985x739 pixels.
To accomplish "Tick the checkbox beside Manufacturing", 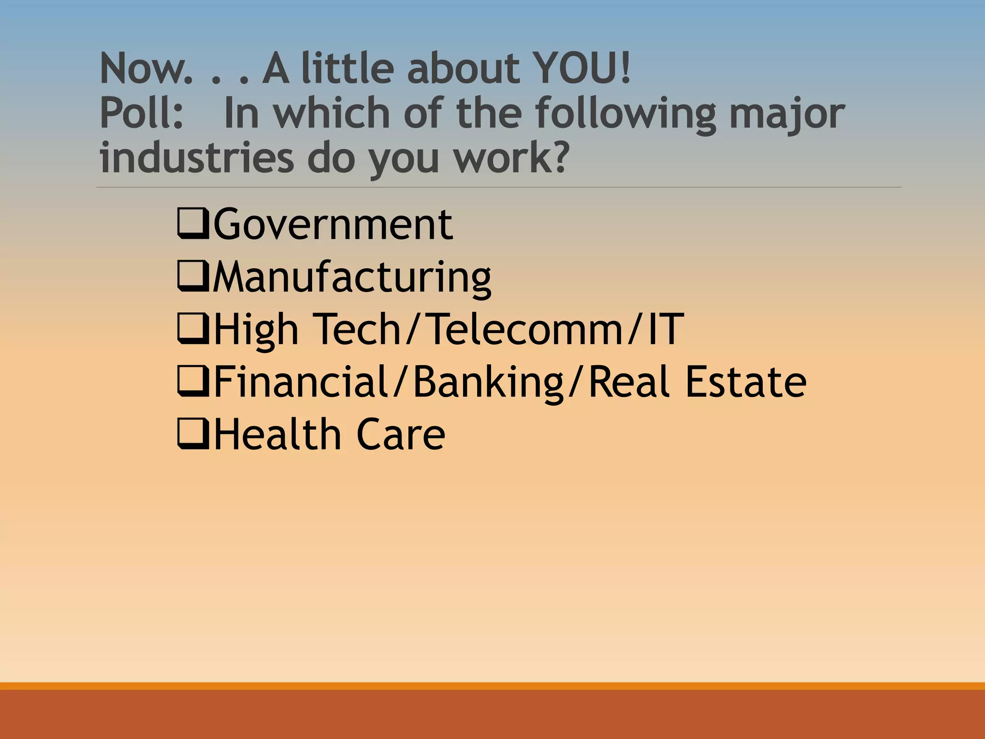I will pyautogui.click(x=193, y=276).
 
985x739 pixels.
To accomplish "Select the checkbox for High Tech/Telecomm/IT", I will pyautogui.click(x=193, y=329).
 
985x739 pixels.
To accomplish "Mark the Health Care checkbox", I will pyautogui.click(x=193, y=434).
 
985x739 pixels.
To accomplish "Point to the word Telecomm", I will pyautogui.click(x=525, y=329).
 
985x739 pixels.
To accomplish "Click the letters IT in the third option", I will pyautogui.click(x=666, y=329).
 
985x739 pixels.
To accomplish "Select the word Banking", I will pyautogui.click(x=488, y=382).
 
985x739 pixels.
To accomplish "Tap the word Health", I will pyautogui.click(x=277, y=434).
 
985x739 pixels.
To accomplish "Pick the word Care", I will pyautogui.click(x=401, y=434).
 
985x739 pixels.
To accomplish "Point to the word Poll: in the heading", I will pyautogui.click(x=142, y=113).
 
